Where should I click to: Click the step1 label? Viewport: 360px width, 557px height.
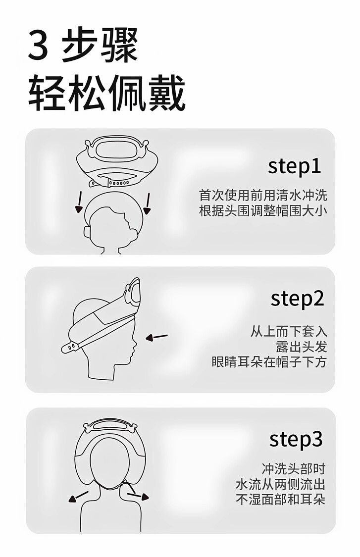coord(294,166)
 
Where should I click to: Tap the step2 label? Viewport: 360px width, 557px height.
coord(297,299)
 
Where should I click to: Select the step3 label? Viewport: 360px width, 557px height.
coord(296,439)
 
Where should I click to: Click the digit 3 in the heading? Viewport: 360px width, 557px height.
coord(38,46)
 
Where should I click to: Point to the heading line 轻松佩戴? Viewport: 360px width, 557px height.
coord(106,93)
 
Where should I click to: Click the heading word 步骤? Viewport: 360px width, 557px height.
coord(100,46)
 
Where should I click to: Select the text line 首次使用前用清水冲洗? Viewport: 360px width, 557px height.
coord(263,196)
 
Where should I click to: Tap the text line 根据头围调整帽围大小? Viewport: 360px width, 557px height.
coord(263,210)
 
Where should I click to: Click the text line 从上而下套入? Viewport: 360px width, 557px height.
coord(289,331)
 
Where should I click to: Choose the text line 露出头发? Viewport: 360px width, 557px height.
coord(302,347)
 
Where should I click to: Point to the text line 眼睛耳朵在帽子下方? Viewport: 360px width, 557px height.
coord(269,362)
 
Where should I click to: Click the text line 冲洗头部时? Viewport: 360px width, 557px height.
coord(294,469)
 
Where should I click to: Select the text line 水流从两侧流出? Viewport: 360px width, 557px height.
coord(281,484)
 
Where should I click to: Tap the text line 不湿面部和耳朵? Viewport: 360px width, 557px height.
coord(281,500)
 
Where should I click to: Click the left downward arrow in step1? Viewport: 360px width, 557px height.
coord(79,202)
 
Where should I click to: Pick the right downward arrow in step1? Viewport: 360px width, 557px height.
coord(147,203)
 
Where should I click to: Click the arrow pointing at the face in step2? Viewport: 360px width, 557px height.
coord(156,337)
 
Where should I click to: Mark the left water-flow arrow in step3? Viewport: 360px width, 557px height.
coord(78,496)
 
